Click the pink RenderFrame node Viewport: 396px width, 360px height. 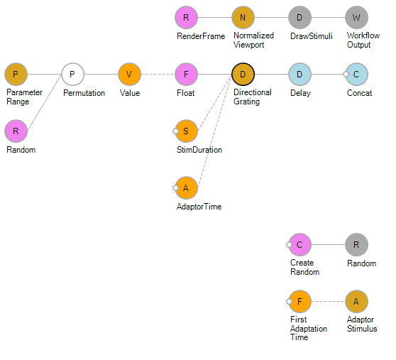tap(186, 18)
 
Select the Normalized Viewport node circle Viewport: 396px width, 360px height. tap(243, 18)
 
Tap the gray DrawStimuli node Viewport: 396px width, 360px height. tap(299, 18)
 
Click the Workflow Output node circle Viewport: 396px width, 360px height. tap(356, 18)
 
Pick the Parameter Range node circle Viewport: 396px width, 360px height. tap(16, 75)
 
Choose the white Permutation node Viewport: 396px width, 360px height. tap(72, 75)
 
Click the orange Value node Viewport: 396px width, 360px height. tap(129, 75)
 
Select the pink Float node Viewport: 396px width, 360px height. tap(186, 75)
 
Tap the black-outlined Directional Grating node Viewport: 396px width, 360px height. tap(243, 75)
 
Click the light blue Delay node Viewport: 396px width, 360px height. tap(299, 75)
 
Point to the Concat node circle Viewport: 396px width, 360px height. tap(356, 75)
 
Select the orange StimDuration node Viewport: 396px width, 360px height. tap(186, 131)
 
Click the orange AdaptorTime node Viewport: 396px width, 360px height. tap(186, 188)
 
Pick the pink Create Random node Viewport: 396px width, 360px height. tap(299, 245)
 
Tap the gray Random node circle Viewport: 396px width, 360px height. tap(356, 245)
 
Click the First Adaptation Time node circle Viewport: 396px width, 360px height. tap(299, 302)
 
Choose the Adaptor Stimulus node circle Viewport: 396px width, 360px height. tap(356, 302)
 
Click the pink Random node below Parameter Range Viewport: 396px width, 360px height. tap(16, 131)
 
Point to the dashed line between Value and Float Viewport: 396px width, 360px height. tap(158, 75)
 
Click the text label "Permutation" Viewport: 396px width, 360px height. tap(84, 93)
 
